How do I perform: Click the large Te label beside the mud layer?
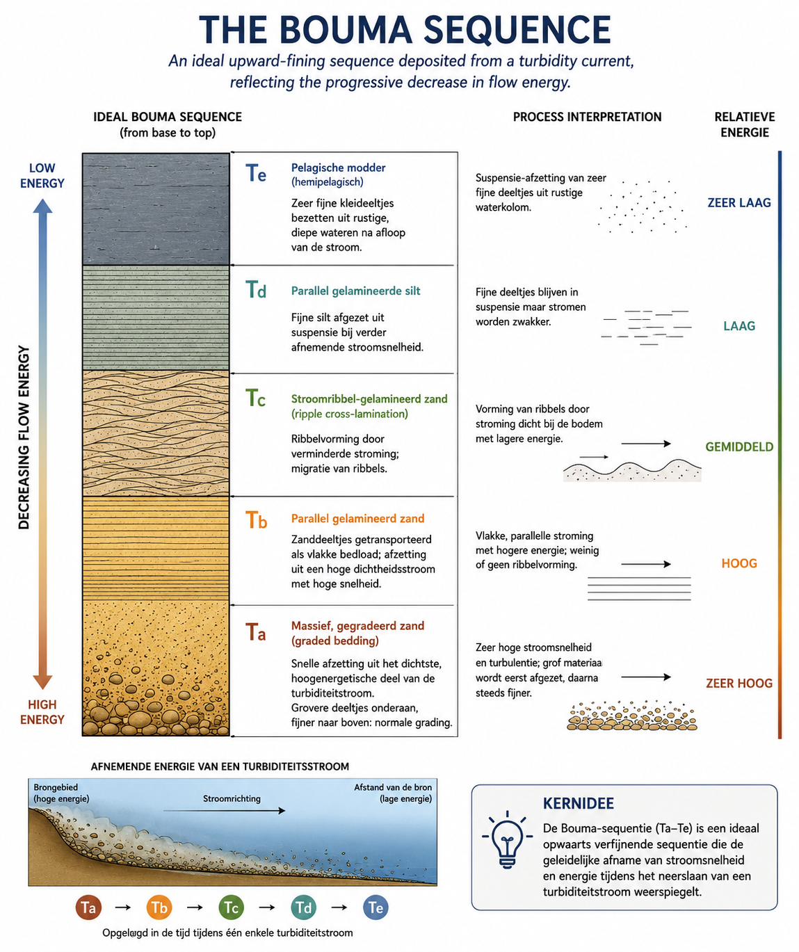[x=255, y=173]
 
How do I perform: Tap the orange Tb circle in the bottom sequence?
[x=159, y=907]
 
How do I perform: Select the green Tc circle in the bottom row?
[x=232, y=907]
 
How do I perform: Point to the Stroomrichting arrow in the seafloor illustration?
[x=224, y=811]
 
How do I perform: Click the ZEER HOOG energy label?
[x=739, y=684]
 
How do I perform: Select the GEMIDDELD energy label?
[x=739, y=447]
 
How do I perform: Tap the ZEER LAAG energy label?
[x=739, y=203]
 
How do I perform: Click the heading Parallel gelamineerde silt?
[x=356, y=291]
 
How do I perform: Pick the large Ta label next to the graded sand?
[x=255, y=632]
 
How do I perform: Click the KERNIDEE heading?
[x=579, y=803]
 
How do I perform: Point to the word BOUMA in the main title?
[x=345, y=30]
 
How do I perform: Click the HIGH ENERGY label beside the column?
[x=42, y=712]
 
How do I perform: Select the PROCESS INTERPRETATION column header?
[x=587, y=118]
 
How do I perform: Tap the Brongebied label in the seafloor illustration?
[x=56, y=787]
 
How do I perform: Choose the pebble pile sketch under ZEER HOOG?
[x=632, y=716]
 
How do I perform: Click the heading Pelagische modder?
[x=339, y=168]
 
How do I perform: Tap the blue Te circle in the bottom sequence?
[x=376, y=907]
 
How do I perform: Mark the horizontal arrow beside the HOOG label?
[x=646, y=565]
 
